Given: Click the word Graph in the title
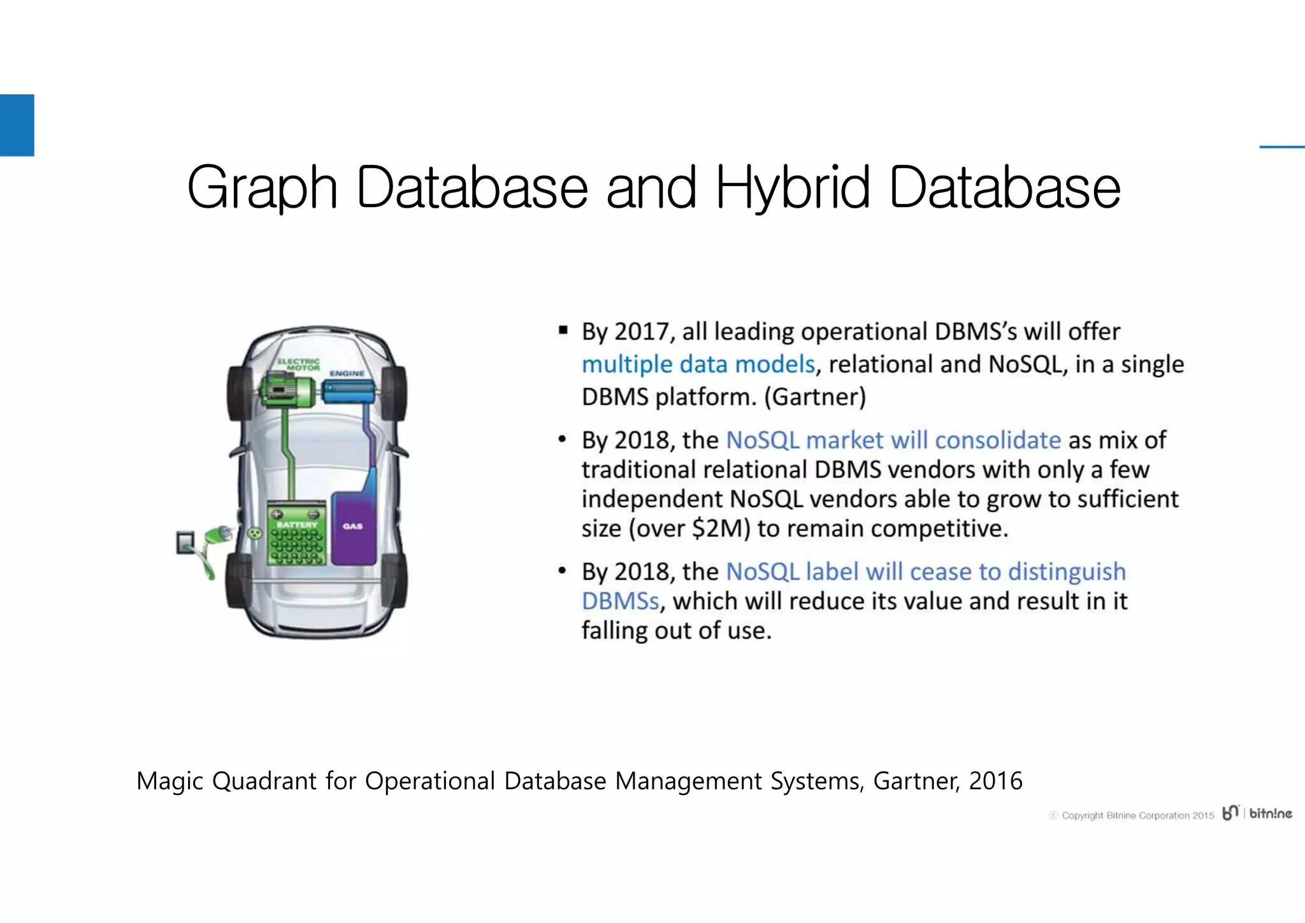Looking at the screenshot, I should tap(262, 188).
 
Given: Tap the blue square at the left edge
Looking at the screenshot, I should tap(17, 125).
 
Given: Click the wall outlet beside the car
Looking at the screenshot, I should tap(185, 543).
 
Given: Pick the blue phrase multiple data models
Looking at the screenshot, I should tap(698, 364).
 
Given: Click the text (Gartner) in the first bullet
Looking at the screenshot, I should tap(814, 397).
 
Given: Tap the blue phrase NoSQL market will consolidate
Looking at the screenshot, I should tap(893, 440).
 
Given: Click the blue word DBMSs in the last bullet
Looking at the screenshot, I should tap(620, 601).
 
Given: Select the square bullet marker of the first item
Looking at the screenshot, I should tap(563, 330).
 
